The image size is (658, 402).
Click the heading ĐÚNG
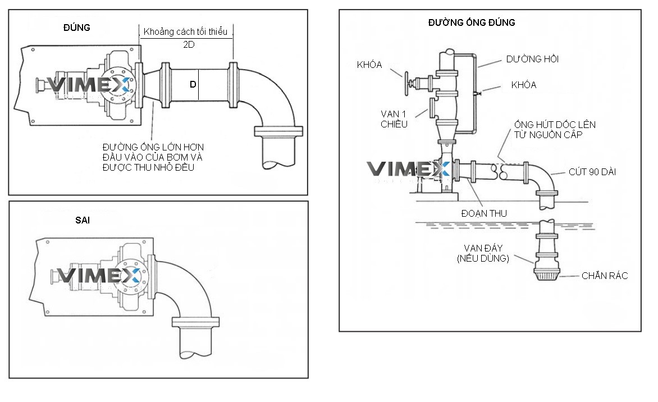click(x=76, y=28)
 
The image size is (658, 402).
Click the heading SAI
click(x=83, y=220)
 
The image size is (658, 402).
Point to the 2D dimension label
click(x=189, y=45)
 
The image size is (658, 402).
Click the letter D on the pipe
click(x=193, y=84)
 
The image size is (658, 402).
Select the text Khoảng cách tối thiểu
click(x=185, y=31)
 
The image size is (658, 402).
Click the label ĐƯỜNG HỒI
click(x=532, y=59)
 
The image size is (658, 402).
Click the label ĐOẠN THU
click(x=484, y=214)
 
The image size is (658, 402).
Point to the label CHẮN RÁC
click(x=604, y=276)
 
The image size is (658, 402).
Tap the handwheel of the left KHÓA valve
click(x=403, y=82)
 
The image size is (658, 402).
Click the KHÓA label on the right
click(x=523, y=85)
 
